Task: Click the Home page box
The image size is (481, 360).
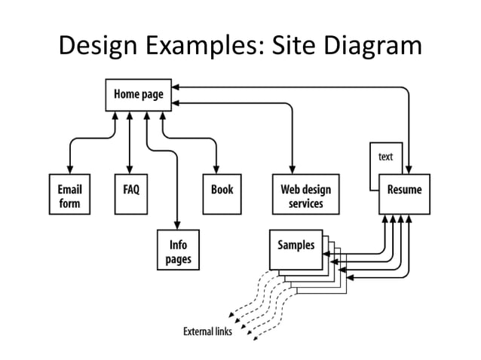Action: click(x=139, y=95)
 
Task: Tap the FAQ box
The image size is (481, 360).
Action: click(x=130, y=194)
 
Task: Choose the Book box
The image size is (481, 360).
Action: click(x=222, y=194)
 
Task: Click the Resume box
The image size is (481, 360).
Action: click(x=404, y=194)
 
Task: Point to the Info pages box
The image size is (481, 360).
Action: click(x=178, y=252)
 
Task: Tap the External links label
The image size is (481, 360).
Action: click(x=208, y=331)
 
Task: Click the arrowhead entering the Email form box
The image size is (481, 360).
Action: click(x=69, y=171)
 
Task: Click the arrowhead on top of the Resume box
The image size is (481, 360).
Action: click(x=409, y=171)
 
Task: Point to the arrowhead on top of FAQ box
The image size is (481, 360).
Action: click(x=130, y=171)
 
